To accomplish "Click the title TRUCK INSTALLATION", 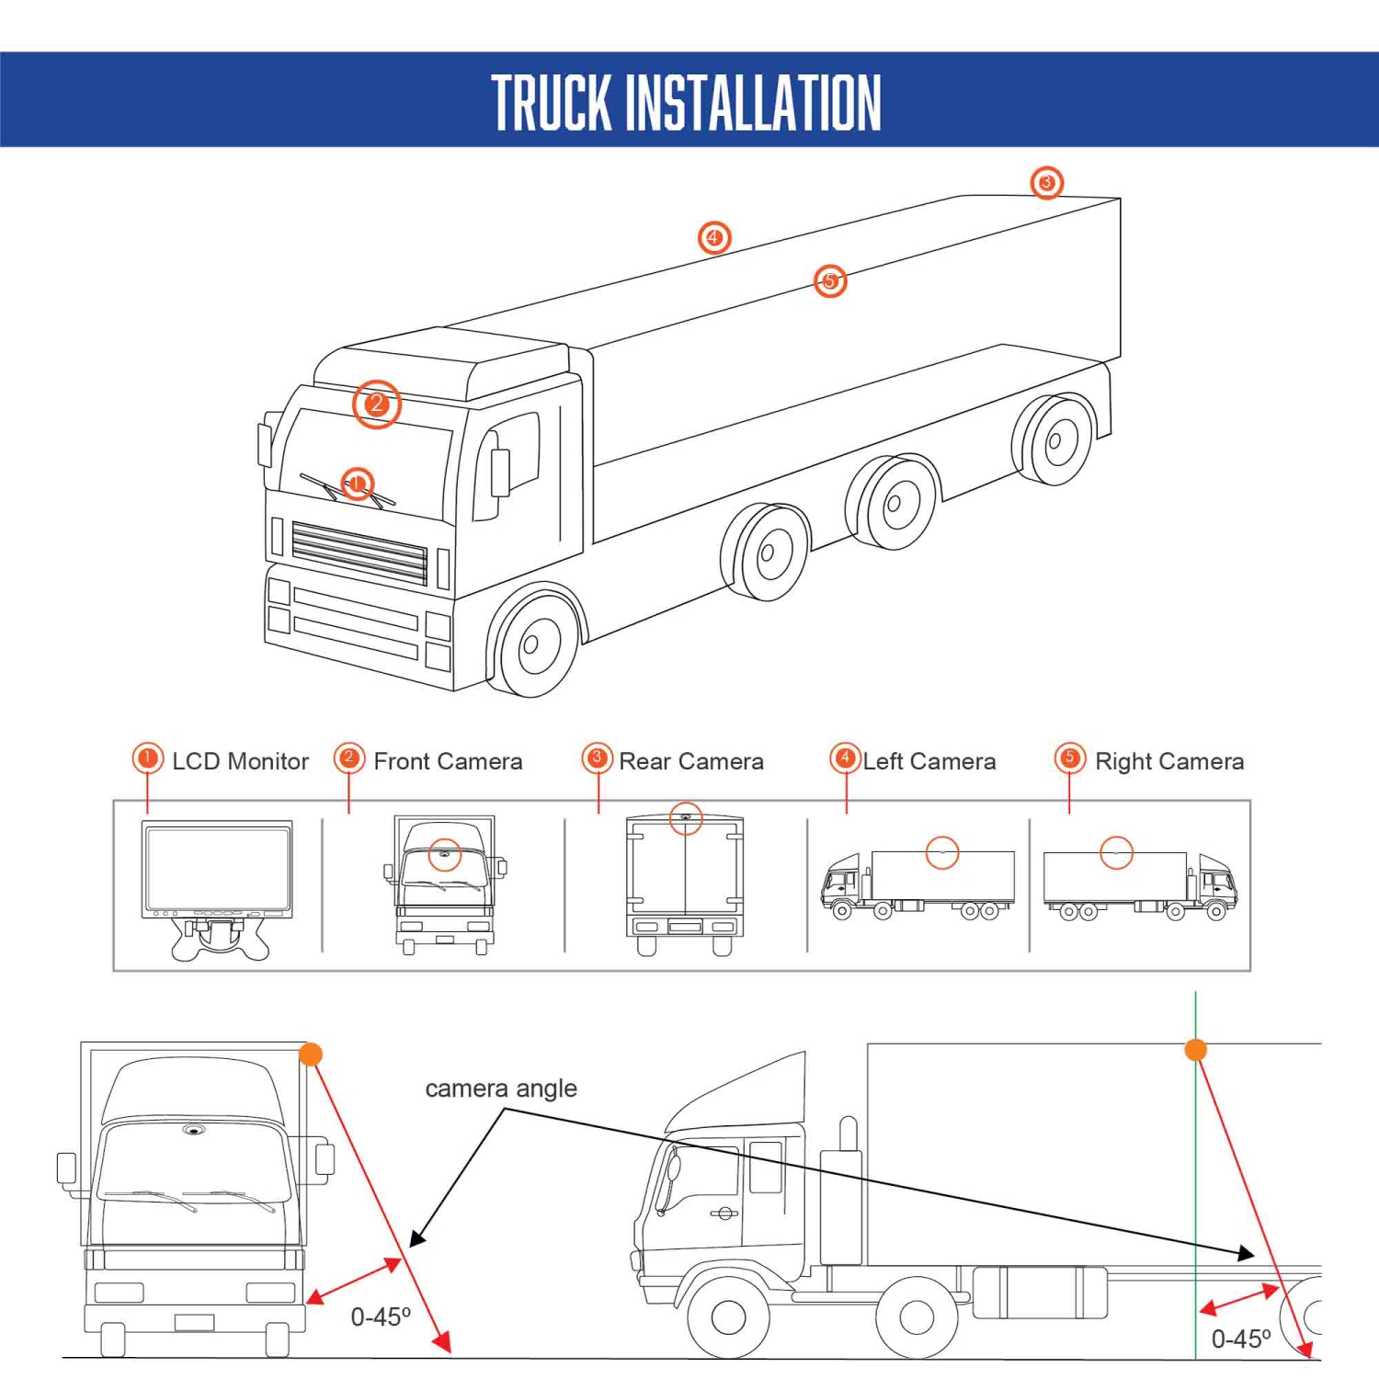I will tap(687, 103).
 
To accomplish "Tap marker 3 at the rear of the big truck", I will tap(1046, 183).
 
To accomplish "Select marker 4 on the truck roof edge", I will tap(713, 238).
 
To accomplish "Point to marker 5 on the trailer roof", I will tap(830, 280).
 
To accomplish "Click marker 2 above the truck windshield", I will tap(376, 404).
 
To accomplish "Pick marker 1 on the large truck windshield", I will tap(358, 484).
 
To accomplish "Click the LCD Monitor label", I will tap(240, 761).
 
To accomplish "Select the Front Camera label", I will tap(448, 761).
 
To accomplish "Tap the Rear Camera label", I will tap(691, 761).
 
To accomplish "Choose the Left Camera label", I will tap(929, 761).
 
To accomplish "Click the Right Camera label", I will tap(1169, 761).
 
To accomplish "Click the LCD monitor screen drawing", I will tap(217, 867).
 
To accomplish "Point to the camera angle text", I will tap(501, 1088).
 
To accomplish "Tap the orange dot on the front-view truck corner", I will tap(311, 1054).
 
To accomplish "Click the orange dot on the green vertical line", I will tap(1195, 1050).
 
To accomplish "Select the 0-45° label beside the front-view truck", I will tap(381, 1317).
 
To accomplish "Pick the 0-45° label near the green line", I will tap(1241, 1339).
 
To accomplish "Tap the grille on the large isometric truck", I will tap(359, 553).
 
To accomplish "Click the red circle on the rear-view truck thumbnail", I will tap(686, 818).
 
